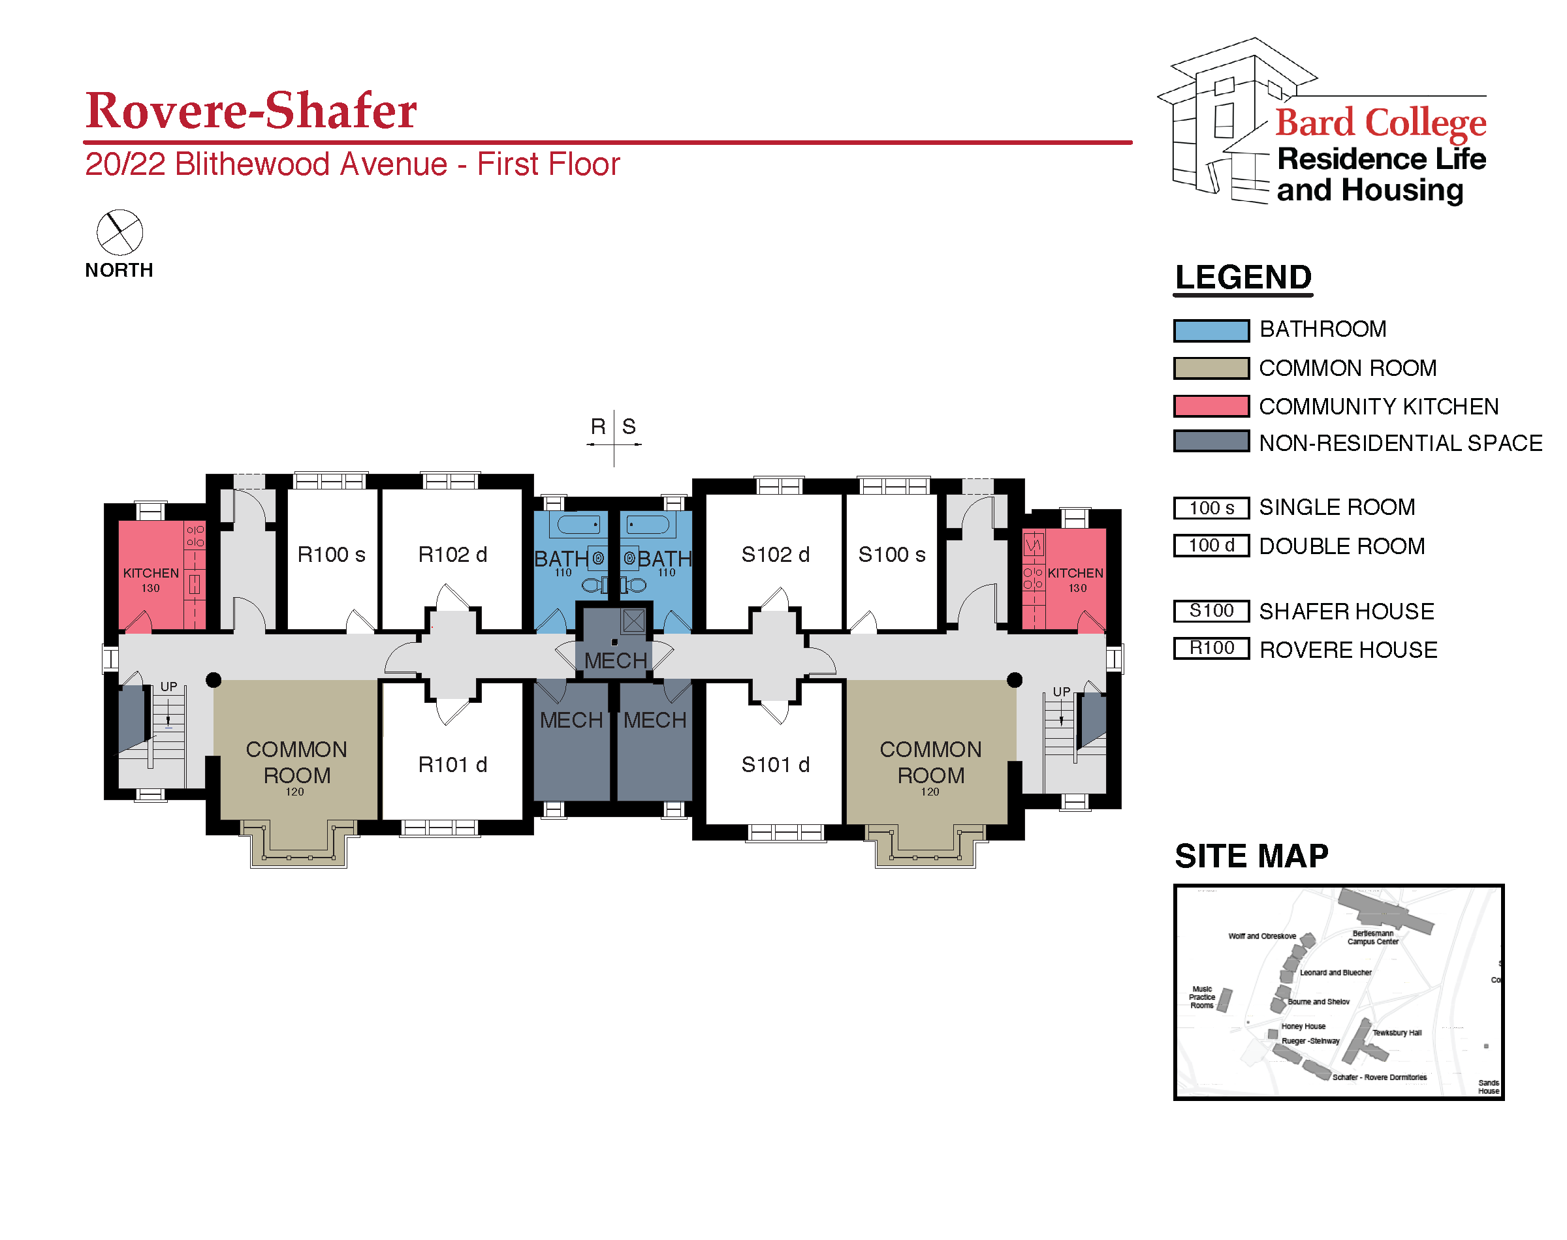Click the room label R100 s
tap(331, 555)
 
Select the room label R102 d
tap(452, 555)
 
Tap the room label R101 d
tap(452, 764)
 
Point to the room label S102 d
tap(775, 555)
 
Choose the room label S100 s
tap(892, 555)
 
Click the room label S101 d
tap(775, 764)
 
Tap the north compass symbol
tap(120, 232)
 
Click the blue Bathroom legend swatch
tap(1211, 330)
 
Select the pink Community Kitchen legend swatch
tap(1211, 406)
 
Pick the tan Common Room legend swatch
tap(1211, 368)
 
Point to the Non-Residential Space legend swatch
tap(1211, 441)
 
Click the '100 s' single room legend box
tap(1211, 508)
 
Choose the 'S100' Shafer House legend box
tap(1211, 612)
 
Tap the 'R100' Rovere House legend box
tap(1211, 648)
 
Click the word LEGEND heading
tap(1243, 277)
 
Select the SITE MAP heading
tap(1251, 856)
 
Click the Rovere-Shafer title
tap(251, 111)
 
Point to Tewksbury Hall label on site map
tap(1397, 1032)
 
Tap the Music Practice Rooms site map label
tap(1202, 997)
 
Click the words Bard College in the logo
tap(1380, 122)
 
